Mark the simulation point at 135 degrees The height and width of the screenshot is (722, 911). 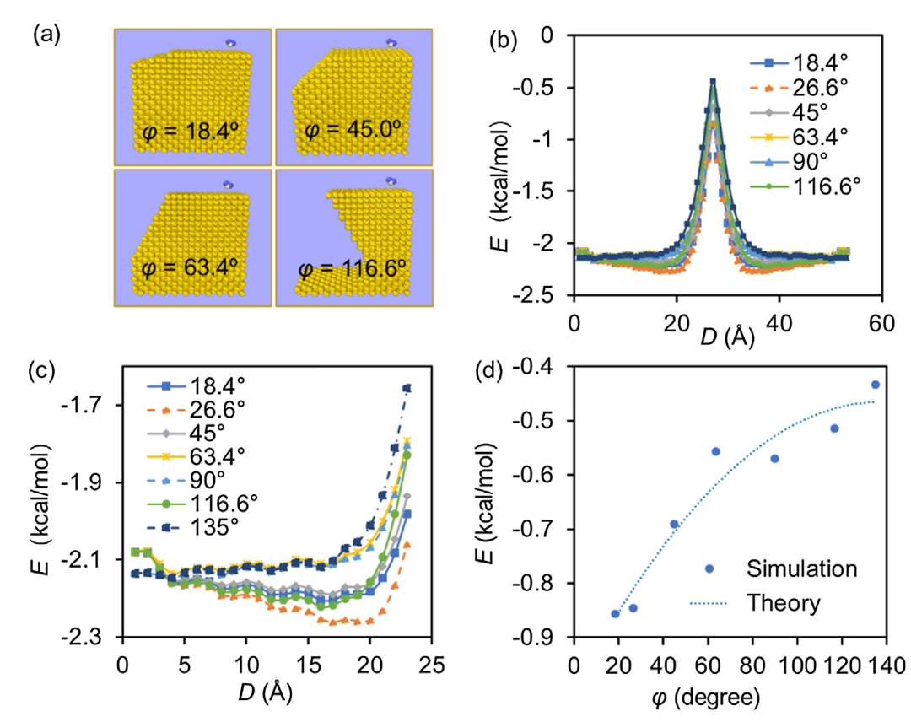pyautogui.click(x=875, y=385)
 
